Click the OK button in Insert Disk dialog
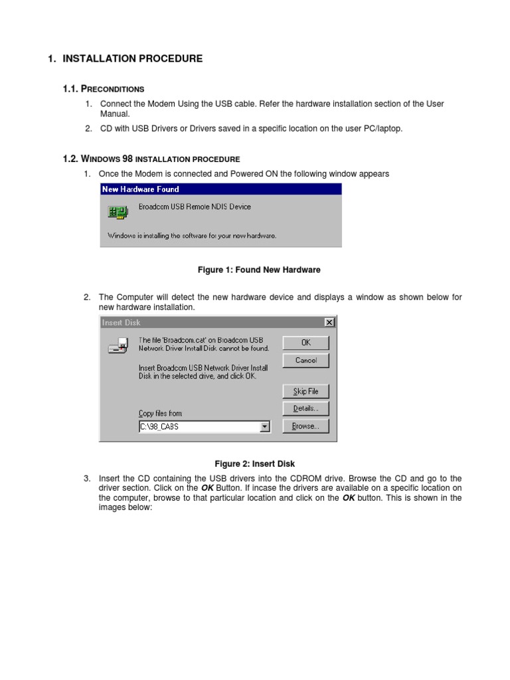tap(305, 343)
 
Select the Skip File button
tap(305, 391)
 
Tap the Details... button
tap(305, 408)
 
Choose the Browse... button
tap(305, 426)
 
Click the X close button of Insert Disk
tap(329, 323)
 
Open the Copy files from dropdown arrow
tap(266, 427)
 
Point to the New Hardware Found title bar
tap(220, 189)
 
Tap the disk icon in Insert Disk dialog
tap(118, 345)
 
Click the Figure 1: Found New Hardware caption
tap(259, 270)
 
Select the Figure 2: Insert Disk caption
tap(254, 464)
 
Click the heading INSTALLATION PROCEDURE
tap(132, 59)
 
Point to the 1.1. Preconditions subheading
tap(103, 89)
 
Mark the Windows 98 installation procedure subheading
tap(151, 159)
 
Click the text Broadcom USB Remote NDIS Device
tap(195, 207)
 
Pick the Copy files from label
tap(160, 413)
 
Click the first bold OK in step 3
tap(207, 488)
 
